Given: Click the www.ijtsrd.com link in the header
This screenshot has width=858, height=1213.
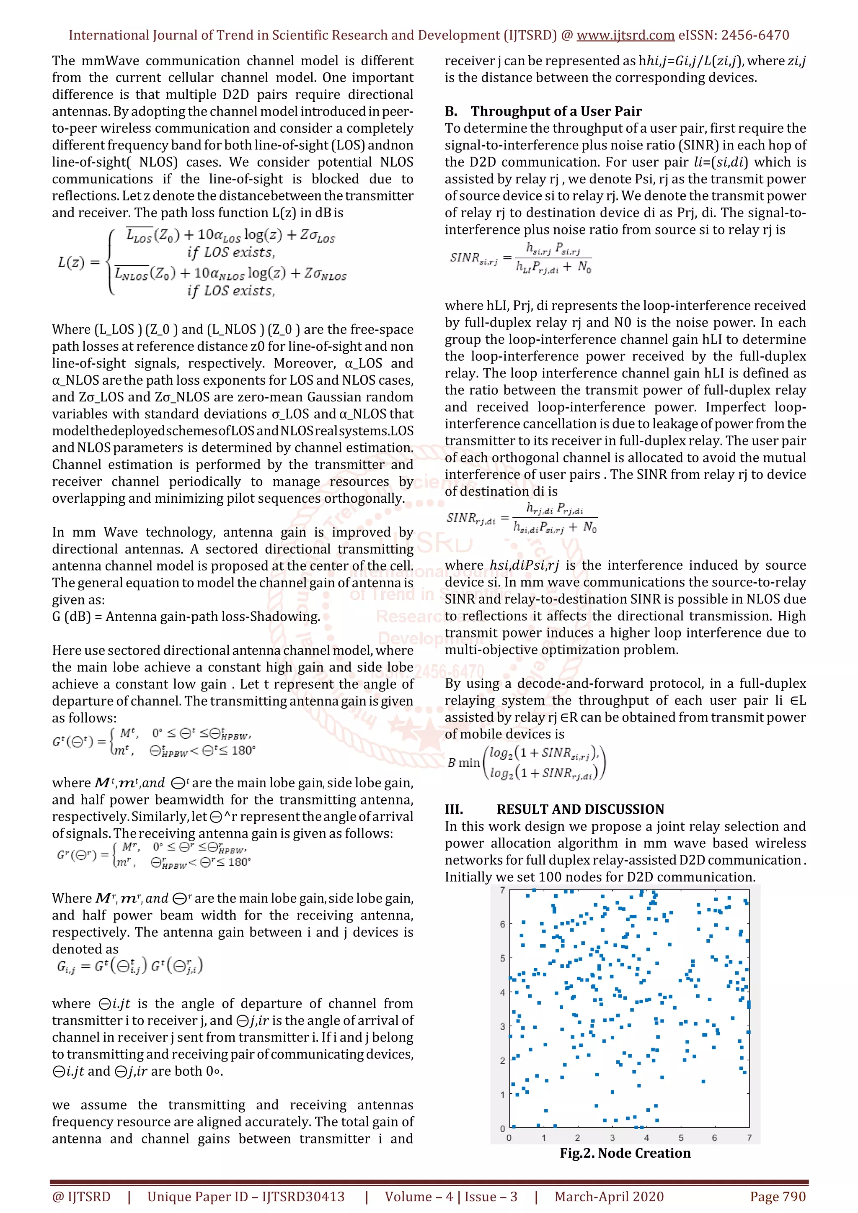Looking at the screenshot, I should pos(625,36).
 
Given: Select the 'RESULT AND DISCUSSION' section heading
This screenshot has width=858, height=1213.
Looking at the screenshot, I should pos(580,810).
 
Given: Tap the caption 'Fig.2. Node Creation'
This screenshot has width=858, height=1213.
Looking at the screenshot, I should pos(625,1153).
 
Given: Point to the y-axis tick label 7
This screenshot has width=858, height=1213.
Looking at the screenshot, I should pos(502,890).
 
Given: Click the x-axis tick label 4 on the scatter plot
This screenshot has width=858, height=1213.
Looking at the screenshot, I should pos(646,1138).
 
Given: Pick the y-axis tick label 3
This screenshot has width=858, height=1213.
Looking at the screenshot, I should pos(502,1026).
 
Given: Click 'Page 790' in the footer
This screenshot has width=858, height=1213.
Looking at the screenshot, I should pos(777,1197).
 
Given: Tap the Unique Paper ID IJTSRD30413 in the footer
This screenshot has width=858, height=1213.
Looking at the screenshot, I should pos(246,1197).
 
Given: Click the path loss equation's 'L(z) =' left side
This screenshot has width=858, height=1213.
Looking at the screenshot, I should pos(79,262).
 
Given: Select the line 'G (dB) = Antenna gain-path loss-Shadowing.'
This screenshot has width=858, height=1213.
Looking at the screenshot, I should pos(186,617).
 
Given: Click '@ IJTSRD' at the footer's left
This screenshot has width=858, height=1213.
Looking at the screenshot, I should pos(81,1197).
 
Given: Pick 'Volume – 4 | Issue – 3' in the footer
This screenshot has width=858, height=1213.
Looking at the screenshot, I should pos(450,1197).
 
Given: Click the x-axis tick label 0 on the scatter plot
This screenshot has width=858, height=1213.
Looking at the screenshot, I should pos(509,1138).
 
